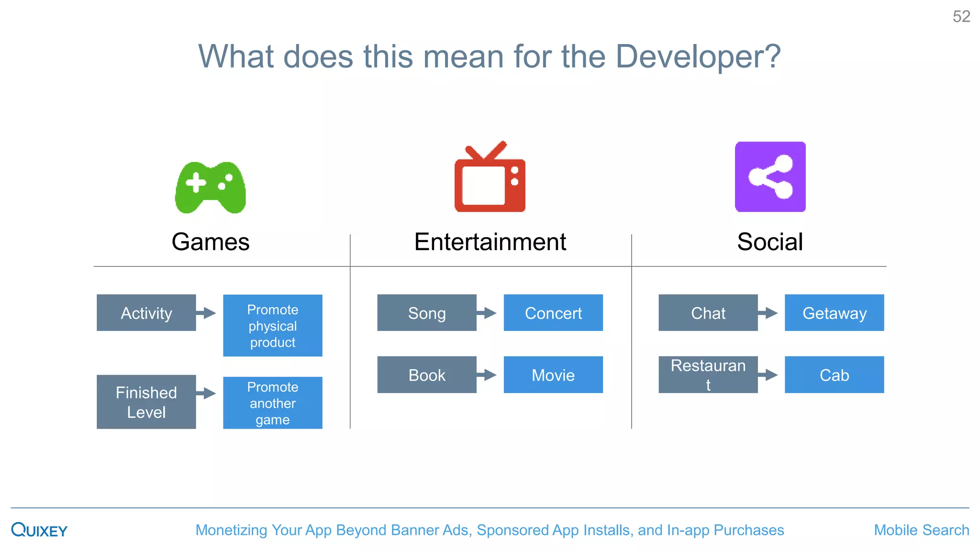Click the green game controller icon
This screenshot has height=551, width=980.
pyautogui.click(x=211, y=187)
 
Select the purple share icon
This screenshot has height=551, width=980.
pyautogui.click(x=770, y=176)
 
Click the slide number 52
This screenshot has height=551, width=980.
pyautogui.click(x=961, y=17)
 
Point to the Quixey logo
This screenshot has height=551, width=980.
pyautogui.click(x=39, y=530)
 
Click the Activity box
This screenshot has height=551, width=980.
pyautogui.click(x=146, y=313)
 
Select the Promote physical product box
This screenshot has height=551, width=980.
pyautogui.click(x=272, y=325)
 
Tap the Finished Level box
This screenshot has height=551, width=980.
pyautogui.click(x=146, y=402)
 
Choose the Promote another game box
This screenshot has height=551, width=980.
pyautogui.click(x=272, y=403)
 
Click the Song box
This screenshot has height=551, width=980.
pyautogui.click(x=426, y=313)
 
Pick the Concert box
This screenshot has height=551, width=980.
pyautogui.click(x=553, y=313)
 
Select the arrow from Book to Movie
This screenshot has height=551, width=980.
pyautogui.click(x=487, y=375)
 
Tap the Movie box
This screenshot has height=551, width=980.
pyautogui.click(x=553, y=375)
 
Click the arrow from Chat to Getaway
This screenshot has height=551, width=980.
pyautogui.click(x=768, y=313)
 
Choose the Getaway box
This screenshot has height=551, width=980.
pyautogui.click(x=834, y=313)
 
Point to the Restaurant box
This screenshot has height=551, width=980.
pyautogui.click(x=708, y=375)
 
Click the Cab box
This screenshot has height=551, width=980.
pyautogui.click(x=834, y=375)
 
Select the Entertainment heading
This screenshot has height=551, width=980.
pyautogui.click(x=490, y=242)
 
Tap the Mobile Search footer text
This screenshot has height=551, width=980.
pyautogui.click(x=921, y=530)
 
